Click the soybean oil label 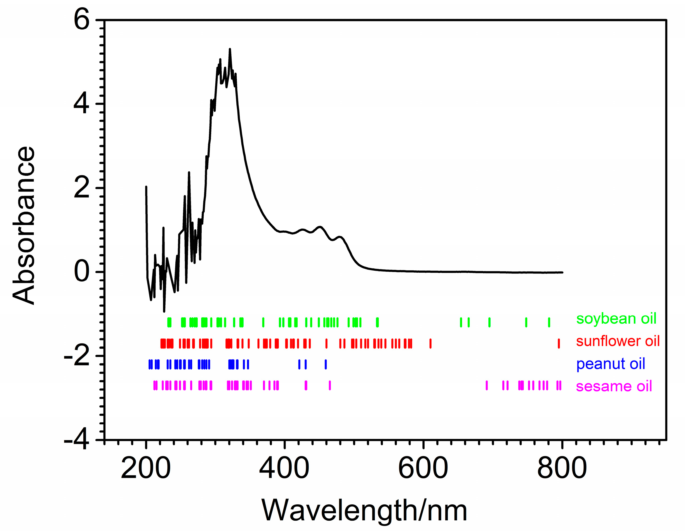pos(616,319)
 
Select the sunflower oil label pos(618,341)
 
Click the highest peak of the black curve pos(230,50)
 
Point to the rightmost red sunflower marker pos(559,344)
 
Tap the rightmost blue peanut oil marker pos(326,364)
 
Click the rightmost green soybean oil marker pos(549,322)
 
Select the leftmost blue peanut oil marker pos(150,364)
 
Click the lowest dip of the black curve pos(164,311)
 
